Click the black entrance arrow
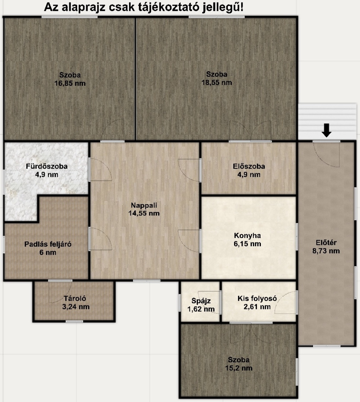326,130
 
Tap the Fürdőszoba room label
47,166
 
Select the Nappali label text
144,205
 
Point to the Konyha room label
247,235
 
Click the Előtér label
326,242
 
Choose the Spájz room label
201,301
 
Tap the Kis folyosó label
257,298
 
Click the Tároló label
75,298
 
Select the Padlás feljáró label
48,244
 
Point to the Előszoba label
249,166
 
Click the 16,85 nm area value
70,83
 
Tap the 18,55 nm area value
217,83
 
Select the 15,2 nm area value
239,368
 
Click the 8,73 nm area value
326,251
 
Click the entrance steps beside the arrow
327,121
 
